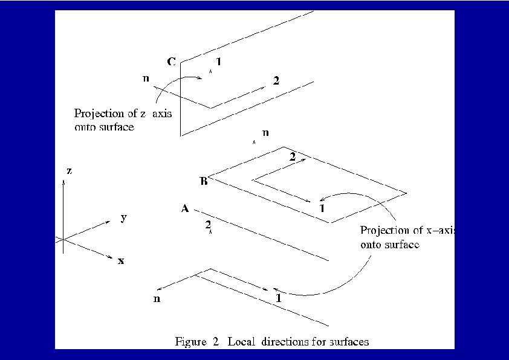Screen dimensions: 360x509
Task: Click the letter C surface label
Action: point(171,62)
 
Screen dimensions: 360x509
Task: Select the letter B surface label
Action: point(204,181)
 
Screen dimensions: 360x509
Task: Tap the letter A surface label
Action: point(186,209)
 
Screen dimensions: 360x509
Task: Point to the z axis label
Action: point(70,171)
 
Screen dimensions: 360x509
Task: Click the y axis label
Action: point(123,217)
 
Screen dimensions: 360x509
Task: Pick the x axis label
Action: point(122,261)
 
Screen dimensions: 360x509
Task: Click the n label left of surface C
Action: point(146,79)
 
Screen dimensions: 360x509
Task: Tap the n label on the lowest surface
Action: point(157,298)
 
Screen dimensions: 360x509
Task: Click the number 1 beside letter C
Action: point(218,62)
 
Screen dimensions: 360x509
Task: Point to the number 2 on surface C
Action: point(276,82)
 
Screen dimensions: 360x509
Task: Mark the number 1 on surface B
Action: point(322,208)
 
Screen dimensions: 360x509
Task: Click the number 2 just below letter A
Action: point(208,225)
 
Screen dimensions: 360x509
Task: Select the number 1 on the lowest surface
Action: point(278,298)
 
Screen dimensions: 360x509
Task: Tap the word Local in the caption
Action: point(239,342)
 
